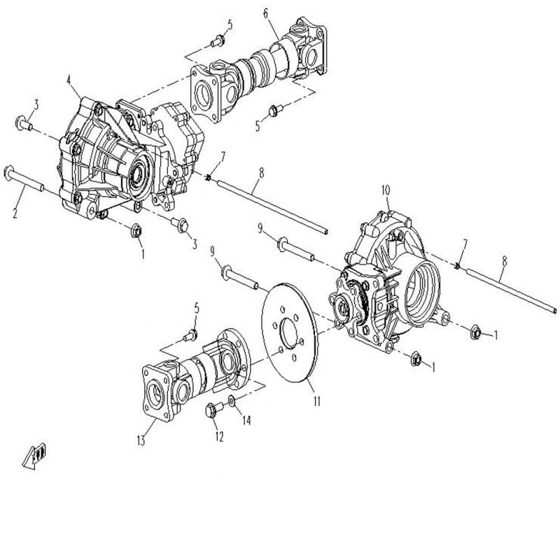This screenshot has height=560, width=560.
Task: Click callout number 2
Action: tap(15, 213)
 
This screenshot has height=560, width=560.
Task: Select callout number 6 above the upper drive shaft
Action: tap(266, 13)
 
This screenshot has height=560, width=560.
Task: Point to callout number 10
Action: tap(386, 190)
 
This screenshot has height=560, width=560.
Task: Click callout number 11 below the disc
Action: tap(317, 401)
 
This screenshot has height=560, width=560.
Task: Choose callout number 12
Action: tap(219, 436)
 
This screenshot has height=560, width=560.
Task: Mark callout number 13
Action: tap(141, 441)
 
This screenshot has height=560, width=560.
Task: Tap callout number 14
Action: tap(246, 420)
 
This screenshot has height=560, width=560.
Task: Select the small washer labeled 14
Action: tap(232, 401)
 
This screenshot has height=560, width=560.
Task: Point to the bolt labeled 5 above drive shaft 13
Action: tap(190, 335)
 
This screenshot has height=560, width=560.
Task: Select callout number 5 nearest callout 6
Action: tap(230, 24)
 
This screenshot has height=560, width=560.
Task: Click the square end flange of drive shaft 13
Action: tap(156, 392)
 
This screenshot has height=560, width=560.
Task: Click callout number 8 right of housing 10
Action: tap(504, 261)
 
